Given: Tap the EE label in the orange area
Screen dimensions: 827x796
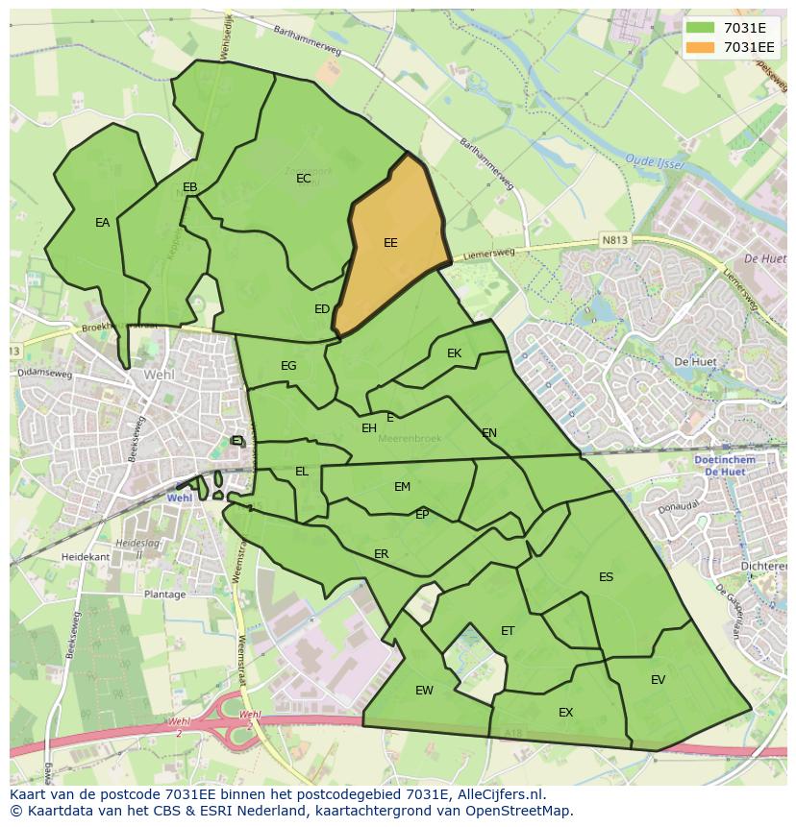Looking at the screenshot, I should (390, 243).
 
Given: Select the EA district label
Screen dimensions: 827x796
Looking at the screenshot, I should (103, 223).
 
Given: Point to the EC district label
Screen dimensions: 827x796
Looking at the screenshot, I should (304, 179).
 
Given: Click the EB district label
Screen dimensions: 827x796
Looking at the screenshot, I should (190, 187).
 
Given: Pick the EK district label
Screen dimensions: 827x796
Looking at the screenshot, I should (455, 353).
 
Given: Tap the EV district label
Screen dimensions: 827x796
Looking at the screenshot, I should (658, 680).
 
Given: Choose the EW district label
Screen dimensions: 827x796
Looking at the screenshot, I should (424, 691).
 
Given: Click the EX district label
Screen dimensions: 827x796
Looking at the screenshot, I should (565, 713).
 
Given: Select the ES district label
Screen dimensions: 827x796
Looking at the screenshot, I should (606, 577).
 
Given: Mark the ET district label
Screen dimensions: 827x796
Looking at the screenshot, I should (508, 631).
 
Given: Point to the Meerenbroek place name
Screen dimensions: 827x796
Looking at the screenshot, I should (410, 439).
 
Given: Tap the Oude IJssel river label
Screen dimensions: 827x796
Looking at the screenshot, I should (654, 162).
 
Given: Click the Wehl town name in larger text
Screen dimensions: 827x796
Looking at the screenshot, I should (159, 375).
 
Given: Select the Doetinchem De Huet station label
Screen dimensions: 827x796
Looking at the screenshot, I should (724, 466).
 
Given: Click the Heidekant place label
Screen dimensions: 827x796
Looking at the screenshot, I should (86, 557).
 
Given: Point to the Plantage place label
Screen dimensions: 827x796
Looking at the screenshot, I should (164, 595).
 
